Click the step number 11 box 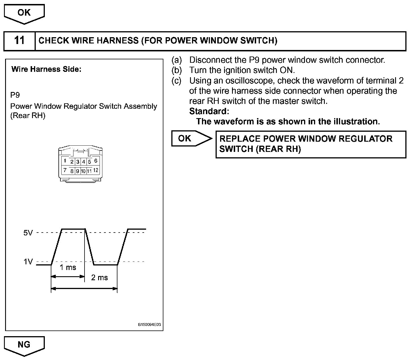[x=19, y=41]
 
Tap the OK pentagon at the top [x=24, y=13]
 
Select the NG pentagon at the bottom [x=24, y=345]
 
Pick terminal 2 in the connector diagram [x=72, y=162]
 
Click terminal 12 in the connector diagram [x=96, y=170]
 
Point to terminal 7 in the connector [x=65, y=170]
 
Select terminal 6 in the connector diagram [x=96, y=161]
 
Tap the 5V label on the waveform [x=28, y=233]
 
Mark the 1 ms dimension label [x=68, y=267]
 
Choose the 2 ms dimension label [x=99, y=278]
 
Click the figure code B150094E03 [x=149, y=325]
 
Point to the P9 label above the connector [x=15, y=95]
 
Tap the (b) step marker [x=176, y=70]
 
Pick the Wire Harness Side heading [x=46, y=69]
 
